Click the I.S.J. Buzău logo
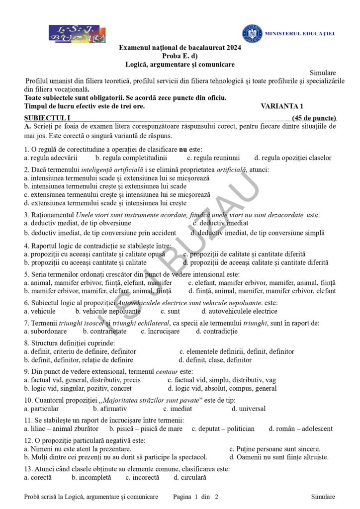(77, 33)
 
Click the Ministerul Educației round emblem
(252, 33)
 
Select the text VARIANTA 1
(281, 106)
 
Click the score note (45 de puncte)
(314, 118)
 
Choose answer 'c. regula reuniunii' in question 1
(213, 158)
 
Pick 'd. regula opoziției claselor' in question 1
(292, 158)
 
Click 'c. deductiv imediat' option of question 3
(220, 223)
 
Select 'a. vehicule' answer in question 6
(40, 311)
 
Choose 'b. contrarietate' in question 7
(105, 331)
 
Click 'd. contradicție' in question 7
(216, 331)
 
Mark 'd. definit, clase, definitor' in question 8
(215, 360)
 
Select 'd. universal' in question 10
(249, 409)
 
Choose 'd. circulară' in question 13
(190, 477)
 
